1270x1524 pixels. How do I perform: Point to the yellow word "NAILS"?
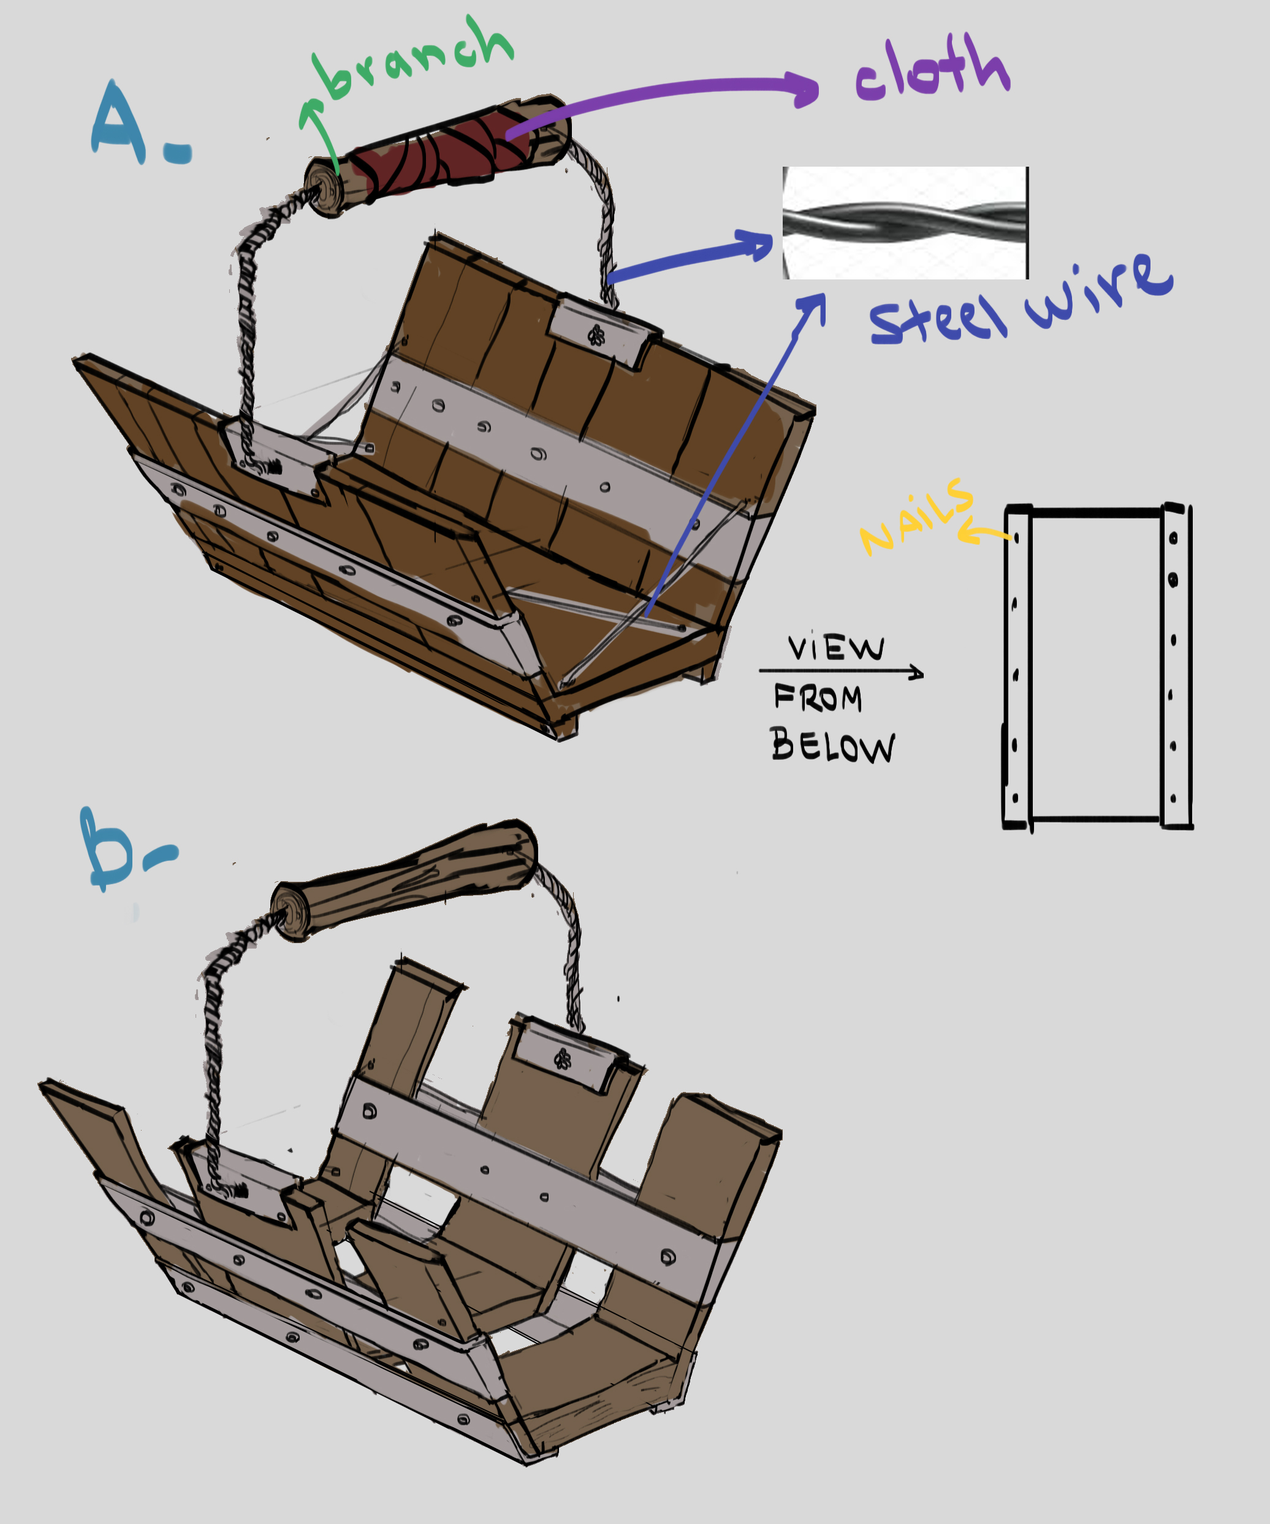916,517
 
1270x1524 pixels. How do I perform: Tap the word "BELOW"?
832,745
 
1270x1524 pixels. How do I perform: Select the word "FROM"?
818,697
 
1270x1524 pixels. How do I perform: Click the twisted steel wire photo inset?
905,223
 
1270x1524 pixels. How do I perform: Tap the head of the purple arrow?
804,89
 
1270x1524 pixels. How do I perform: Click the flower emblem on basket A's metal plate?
596,335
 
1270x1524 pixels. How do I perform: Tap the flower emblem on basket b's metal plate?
563,1060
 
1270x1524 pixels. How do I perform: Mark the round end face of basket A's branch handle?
324,188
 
